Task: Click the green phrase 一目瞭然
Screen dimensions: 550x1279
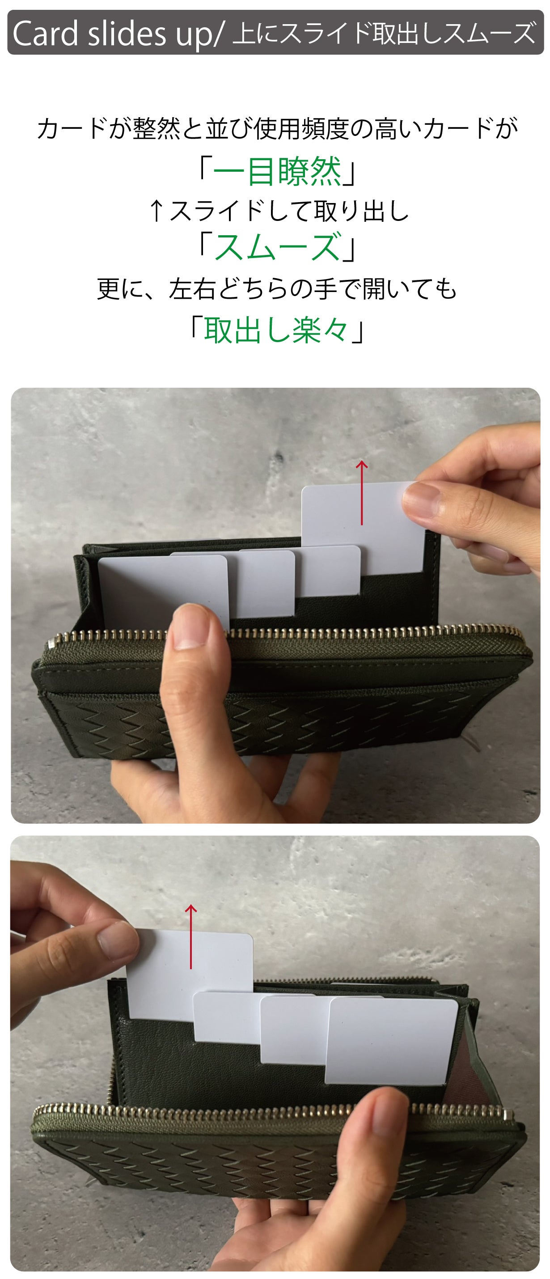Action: pos(277,171)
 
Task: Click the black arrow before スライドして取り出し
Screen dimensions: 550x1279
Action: pos(157,211)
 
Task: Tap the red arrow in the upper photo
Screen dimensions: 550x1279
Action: pos(362,492)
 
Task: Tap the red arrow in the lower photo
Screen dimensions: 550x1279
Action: pos(191,936)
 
